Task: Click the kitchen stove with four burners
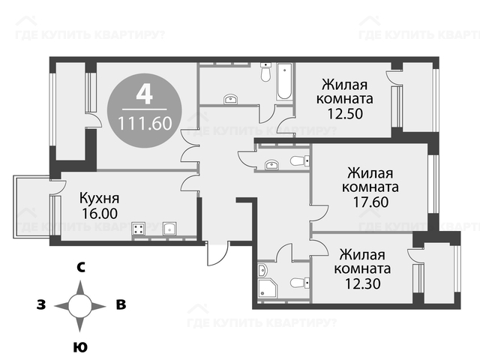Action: pos(138,229)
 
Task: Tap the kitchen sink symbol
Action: pos(169,228)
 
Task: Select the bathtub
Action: pos(284,82)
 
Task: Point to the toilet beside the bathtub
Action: pos(265,72)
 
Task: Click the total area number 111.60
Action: pos(145,124)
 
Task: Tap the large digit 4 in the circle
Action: pos(145,94)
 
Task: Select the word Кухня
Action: pos(99,198)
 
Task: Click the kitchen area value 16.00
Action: pos(100,213)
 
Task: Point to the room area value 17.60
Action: pos(370,202)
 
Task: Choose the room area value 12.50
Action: pos(345,114)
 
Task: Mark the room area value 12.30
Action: pos(363,283)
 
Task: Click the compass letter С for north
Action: pos(80,268)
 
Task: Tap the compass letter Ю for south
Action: pos(80,347)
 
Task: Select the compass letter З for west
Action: pos(41,305)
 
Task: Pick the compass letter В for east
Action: pos(121,304)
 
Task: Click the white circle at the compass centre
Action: pos(80,306)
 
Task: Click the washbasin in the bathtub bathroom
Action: pos(231,99)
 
